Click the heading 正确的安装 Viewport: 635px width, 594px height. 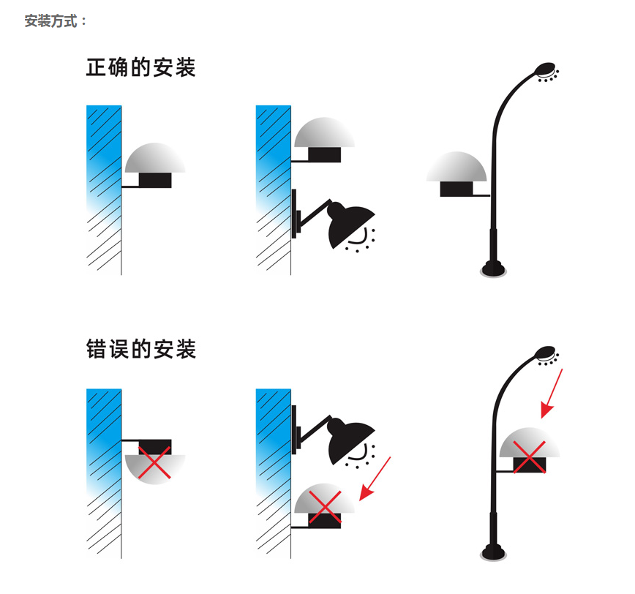coord(140,68)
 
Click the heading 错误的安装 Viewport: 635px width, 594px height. coord(140,349)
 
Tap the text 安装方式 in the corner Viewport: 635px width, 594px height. coord(56,21)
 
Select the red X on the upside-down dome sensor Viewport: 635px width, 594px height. coord(155,464)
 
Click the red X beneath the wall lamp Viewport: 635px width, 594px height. coord(323,505)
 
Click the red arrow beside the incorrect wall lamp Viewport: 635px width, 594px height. coord(376,478)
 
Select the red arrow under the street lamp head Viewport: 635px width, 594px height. coord(552,394)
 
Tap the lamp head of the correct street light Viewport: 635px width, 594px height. coord(545,69)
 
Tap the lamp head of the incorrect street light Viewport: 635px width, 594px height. coord(545,353)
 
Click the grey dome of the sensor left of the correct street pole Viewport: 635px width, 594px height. coord(456,168)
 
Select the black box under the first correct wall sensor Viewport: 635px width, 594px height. coord(155,180)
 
